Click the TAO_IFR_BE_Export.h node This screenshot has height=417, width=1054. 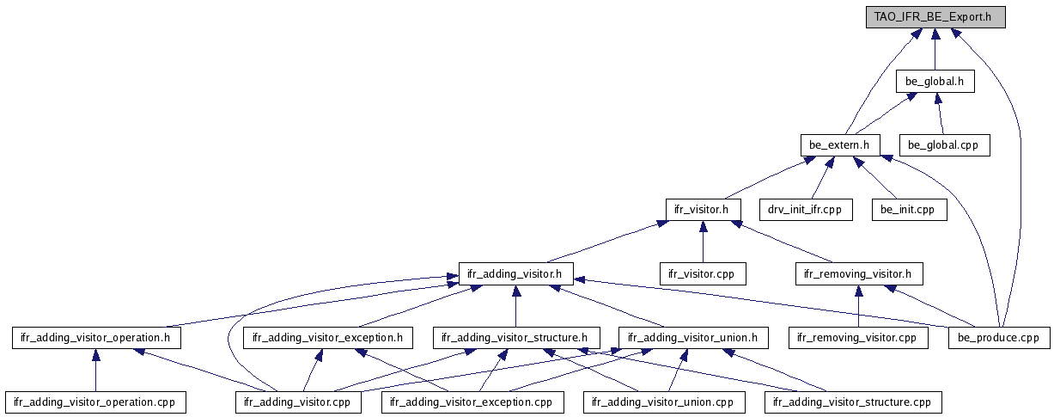pos(935,17)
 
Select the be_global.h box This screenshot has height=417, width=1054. pos(935,82)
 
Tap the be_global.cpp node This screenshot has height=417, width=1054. pos(943,145)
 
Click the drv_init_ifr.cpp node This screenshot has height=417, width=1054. pos(805,209)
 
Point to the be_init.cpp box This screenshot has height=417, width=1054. pos(909,209)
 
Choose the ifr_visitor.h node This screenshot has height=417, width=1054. pos(703,209)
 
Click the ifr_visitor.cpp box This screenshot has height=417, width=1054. pos(702,273)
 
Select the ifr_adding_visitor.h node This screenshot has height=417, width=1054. pos(515,273)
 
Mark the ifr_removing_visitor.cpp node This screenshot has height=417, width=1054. pos(858,337)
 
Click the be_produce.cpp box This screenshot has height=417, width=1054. pos(999,337)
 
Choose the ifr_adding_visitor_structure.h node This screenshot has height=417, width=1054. pos(515,337)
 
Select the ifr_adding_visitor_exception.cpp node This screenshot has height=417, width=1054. pos(472,402)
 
